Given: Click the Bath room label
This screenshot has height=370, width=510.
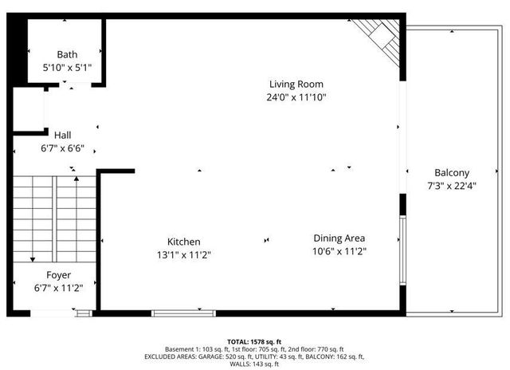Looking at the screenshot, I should (67, 55).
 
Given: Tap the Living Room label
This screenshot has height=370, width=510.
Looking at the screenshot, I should (296, 84).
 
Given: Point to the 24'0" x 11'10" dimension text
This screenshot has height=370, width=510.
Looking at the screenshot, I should (297, 96).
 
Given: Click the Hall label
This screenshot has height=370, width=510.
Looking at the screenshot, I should (63, 135).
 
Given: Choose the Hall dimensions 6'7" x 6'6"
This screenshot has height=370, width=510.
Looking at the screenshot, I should (63, 148).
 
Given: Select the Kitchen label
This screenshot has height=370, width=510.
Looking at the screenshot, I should (183, 242).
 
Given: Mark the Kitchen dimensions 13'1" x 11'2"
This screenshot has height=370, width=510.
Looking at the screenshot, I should (183, 255).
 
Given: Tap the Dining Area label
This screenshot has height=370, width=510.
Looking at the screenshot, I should (339, 238).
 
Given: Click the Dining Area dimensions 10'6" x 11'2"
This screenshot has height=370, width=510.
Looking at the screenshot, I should (339, 250).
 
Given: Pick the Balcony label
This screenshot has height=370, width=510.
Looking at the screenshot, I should (452, 173).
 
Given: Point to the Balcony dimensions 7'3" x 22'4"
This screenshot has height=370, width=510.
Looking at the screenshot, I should (452, 186).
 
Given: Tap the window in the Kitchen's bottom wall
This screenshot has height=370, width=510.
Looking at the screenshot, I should (183, 313).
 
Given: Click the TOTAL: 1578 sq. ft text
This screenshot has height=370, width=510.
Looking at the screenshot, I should (254, 340).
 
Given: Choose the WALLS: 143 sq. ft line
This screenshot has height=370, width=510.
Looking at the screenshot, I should (254, 364).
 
